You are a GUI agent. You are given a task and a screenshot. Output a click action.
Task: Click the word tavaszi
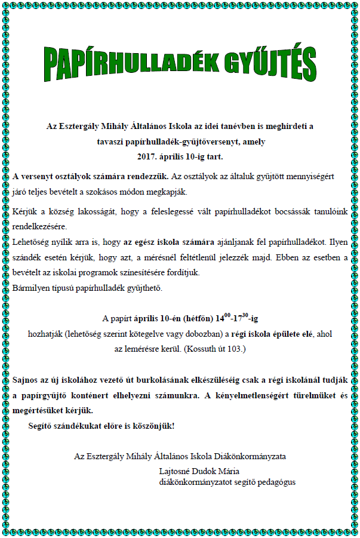click(111, 142)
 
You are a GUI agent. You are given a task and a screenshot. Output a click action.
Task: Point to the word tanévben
click(241, 126)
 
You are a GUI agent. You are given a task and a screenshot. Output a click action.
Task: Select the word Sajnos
click(26, 380)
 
